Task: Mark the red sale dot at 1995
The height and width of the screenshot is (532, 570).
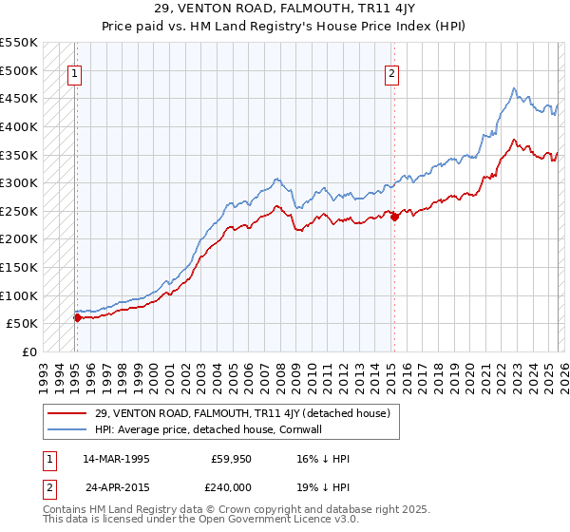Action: click(77, 317)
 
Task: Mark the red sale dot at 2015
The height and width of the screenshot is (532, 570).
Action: click(393, 216)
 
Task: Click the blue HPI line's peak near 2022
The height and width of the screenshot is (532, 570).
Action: click(513, 88)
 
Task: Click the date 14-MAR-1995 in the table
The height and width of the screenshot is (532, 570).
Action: click(117, 459)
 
